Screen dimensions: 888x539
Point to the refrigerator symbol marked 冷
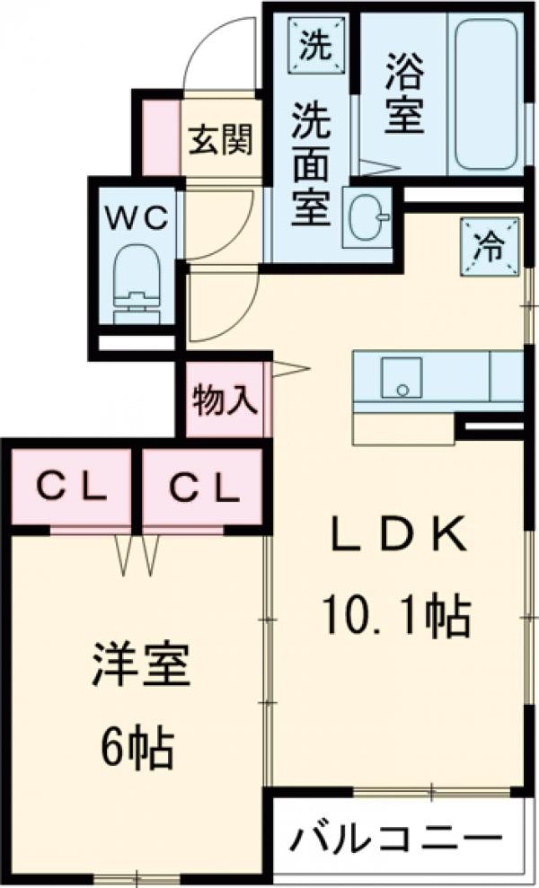490,242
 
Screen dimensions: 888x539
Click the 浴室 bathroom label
405,92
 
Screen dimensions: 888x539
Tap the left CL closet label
72,488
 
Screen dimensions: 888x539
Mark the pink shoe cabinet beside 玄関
161,138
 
